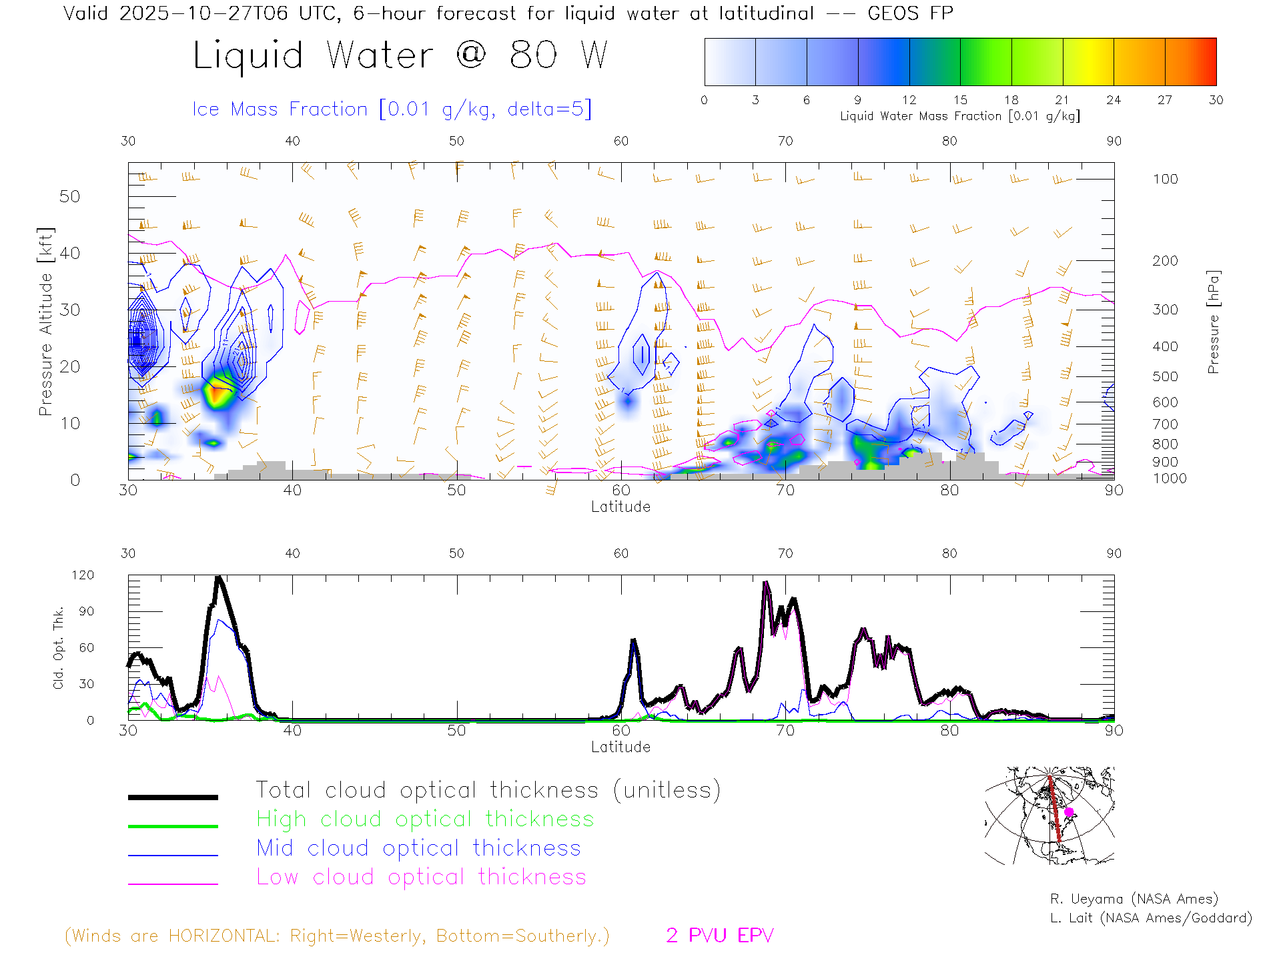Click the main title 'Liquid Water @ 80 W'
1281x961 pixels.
(400, 55)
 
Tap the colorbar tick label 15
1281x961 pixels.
(960, 100)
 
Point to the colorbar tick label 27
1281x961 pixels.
(1165, 100)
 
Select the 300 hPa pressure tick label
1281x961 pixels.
(1165, 310)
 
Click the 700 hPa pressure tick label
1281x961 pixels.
(1165, 424)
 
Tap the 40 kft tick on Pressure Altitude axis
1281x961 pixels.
(69, 254)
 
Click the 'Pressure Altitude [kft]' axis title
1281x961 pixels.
(45, 322)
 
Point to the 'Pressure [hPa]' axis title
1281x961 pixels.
(1214, 322)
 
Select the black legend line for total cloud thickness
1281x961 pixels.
(173, 797)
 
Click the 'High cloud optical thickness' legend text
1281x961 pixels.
(425, 819)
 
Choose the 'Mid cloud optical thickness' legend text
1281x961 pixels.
(418, 848)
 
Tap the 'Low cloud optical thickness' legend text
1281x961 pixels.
(421, 877)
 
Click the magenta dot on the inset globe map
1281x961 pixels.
(1069, 812)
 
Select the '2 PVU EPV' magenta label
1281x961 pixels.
(719, 936)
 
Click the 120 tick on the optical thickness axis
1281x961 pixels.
(83, 575)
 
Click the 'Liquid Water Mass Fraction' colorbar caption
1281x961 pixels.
(959, 116)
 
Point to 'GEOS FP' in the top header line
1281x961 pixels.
(910, 13)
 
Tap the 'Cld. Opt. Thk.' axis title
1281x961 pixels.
(59, 647)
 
